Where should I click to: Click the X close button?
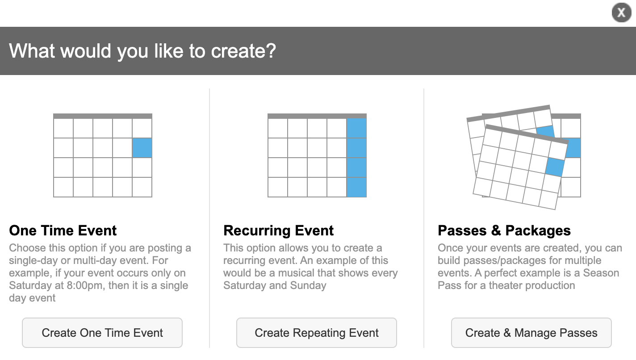pyautogui.click(x=621, y=13)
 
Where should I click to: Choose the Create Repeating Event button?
pyautogui.click(x=316, y=333)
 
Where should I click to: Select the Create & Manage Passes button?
pyautogui.click(x=531, y=333)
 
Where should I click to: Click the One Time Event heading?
pyautogui.click(x=63, y=230)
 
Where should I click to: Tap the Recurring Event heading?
pyautogui.click(x=278, y=230)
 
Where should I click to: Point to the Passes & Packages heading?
pyautogui.click(x=504, y=230)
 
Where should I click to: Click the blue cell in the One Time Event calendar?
pyautogui.click(x=142, y=148)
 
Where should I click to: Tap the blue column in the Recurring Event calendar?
pyautogui.click(x=356, y=158)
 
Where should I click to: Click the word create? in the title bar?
pyautogui.click(x=243, y=51)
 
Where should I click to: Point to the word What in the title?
pyautogui.click(x=32, y=51)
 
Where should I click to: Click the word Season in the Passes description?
pyautogui.click(x=601, y=273)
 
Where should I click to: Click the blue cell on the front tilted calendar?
pyautogui.click(x=555, y=167)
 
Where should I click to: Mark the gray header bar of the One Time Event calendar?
pyautogui.click(x=102, y=116)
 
